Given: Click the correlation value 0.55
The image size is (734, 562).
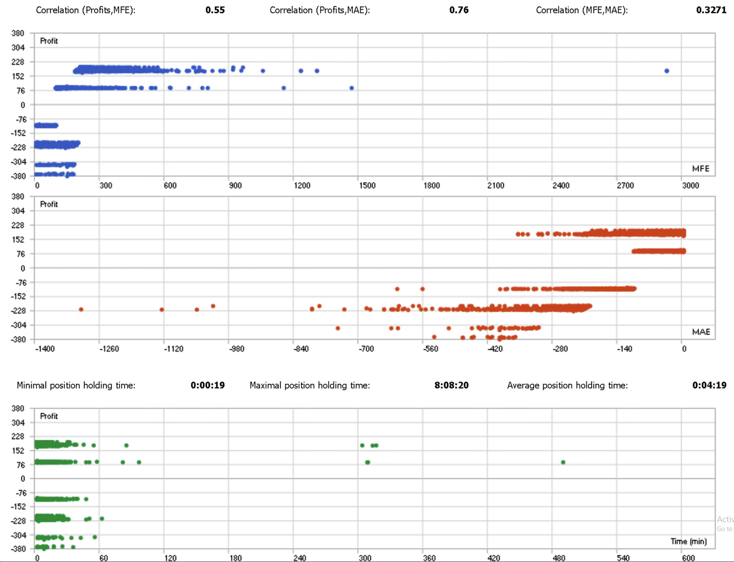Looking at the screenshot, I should coord(215,10).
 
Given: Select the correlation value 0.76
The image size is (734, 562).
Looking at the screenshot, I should coord(459,10).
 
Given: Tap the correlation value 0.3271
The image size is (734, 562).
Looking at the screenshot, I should coord(711,10).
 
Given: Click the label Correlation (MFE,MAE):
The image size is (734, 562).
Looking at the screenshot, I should coord(581,10).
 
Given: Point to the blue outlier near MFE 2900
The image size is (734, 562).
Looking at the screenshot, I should coord(667,71).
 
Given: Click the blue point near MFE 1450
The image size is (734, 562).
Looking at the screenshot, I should coord(352,88).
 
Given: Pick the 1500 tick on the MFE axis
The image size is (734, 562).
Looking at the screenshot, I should coord(367,185).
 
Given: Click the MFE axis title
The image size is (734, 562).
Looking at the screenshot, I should coord(701,168).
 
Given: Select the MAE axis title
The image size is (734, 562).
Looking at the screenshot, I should coord(701,331).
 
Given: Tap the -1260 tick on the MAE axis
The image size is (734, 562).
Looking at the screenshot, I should coord(109,349).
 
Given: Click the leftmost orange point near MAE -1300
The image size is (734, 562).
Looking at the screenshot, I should coord(81,310).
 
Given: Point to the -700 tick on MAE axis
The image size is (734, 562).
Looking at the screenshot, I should coord(366,349).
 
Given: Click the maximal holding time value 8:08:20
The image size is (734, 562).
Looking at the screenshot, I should coord(451,385).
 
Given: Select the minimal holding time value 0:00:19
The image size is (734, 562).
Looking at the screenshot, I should coord(207,385).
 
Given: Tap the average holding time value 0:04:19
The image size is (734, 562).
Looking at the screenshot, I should coord(709,385).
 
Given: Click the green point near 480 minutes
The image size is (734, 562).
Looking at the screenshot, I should coord(563,462).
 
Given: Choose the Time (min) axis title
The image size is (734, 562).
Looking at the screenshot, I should coord(688,541).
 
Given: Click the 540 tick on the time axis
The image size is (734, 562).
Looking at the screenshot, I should coord(623,558).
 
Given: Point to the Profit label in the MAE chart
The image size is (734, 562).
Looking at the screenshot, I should coord(49,204).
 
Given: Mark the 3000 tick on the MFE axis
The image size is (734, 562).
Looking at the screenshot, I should coord(690,185).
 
